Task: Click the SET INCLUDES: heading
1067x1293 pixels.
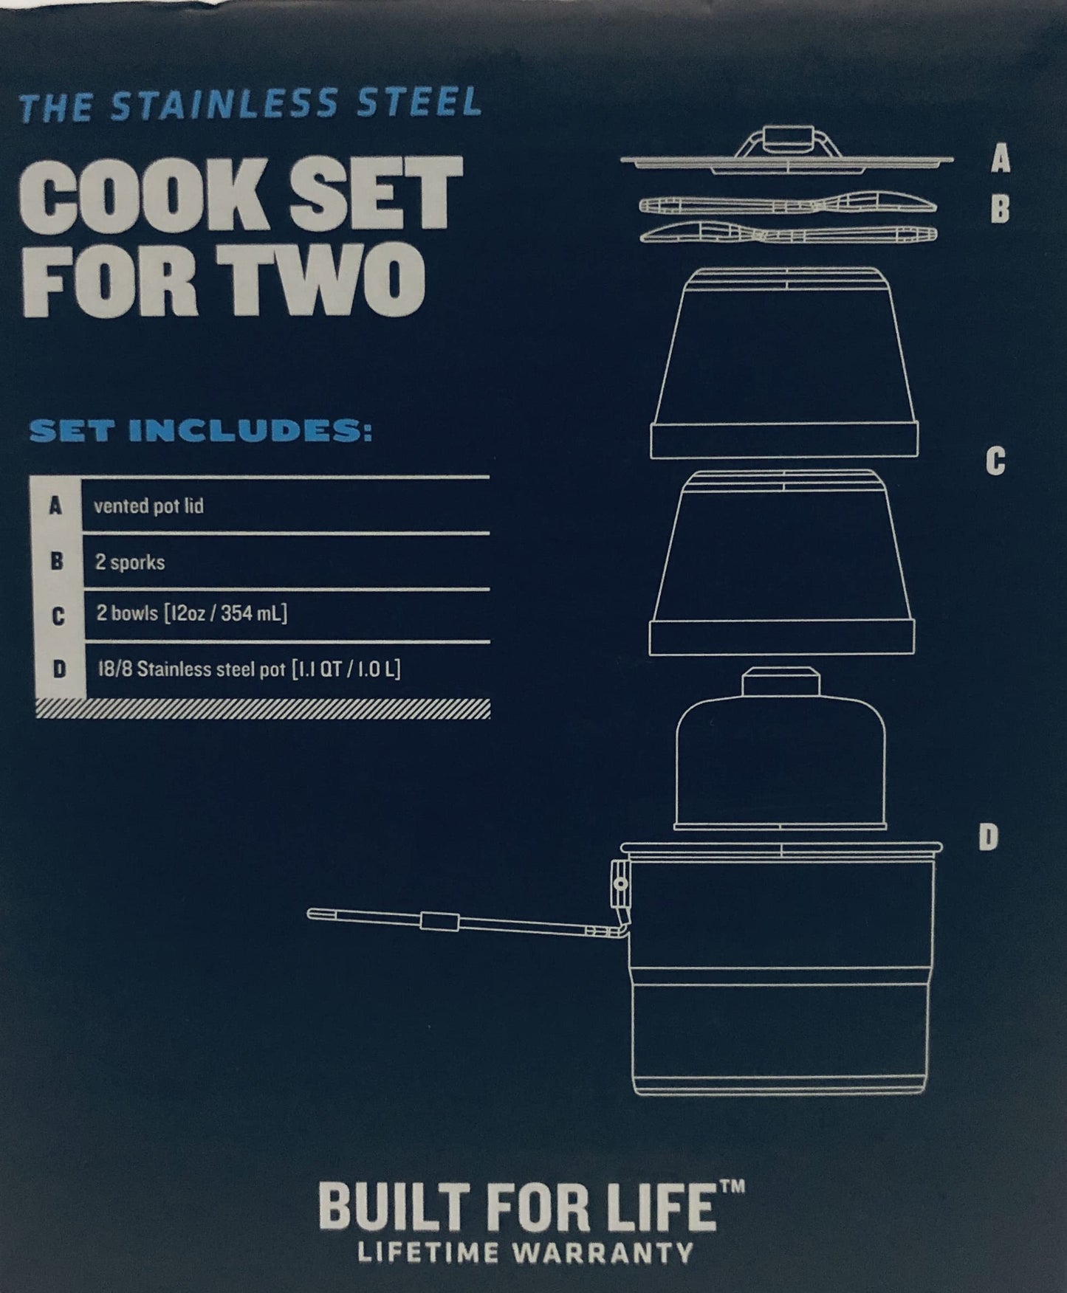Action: coord(200,432)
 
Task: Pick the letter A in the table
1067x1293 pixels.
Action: coord(55,506)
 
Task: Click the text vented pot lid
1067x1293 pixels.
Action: coord(148,507)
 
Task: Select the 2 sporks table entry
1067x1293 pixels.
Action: coord(130,562)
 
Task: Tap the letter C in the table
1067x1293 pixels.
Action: coord(58,616)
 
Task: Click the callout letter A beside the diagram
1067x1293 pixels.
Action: coord(1000,159)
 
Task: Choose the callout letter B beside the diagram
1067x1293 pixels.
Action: coord(1000,210)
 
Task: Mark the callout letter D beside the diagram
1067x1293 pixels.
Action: coord(989,838)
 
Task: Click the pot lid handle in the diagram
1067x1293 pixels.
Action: coord(784,140)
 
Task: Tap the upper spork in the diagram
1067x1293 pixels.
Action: coord(787,204)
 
